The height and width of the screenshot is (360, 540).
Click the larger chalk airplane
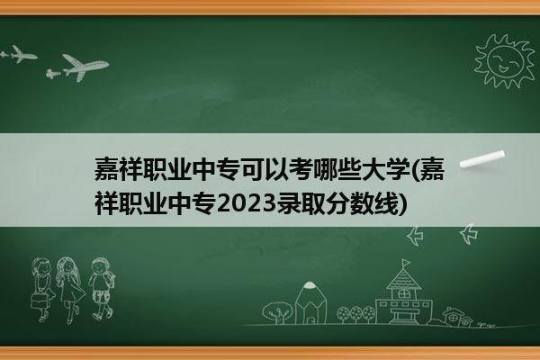[x=85, y=67]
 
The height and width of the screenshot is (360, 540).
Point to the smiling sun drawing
[x=505, y=61]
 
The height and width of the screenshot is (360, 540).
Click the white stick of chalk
[x=482, y=159]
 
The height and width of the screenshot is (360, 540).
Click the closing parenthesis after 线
[x=402, y=205]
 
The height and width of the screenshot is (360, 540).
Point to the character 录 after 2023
[x=289, y=205]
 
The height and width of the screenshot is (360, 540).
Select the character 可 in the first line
[x=252, y=170]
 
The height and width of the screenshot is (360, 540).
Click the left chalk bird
[x=415, y=236]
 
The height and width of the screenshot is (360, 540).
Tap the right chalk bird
[x=469, y=234]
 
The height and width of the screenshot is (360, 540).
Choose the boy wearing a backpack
[x=102, y=288]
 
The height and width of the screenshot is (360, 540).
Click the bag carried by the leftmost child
[x=38, y=301]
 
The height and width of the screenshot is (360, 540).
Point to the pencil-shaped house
[x=310, y=303]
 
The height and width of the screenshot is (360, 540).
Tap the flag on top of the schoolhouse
[x=407, y=263]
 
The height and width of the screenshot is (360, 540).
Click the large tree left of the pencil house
[x=277, y=312]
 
